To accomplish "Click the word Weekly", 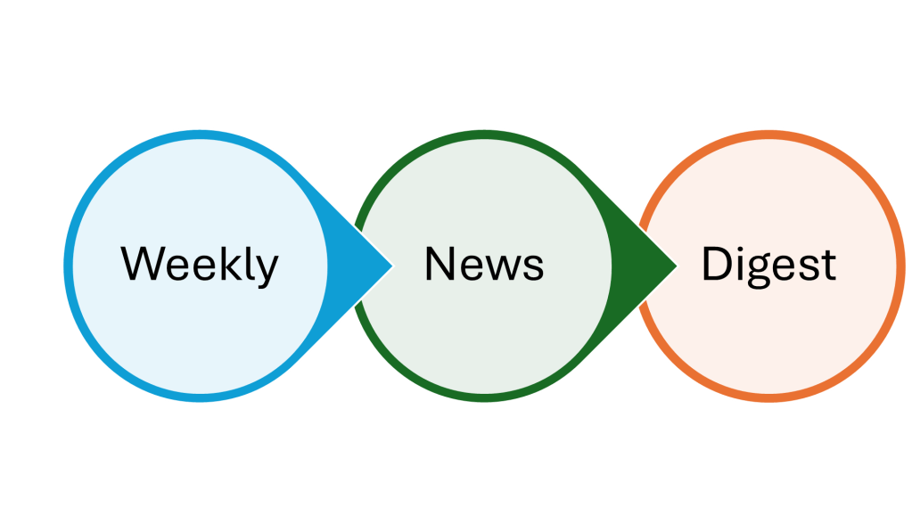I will (200, 265).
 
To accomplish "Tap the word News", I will (484, 265).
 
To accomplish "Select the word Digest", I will (768, 265).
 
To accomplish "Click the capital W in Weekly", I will (143, 264).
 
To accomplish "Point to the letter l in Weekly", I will (250, 263).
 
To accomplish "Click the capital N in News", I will (440, 264).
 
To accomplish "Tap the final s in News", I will (534, 268).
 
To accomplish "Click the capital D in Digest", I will (716, 264).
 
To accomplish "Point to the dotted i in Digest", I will (739, 263).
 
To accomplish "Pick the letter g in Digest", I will (758, 271).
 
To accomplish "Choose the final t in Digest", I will (828, 266).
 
